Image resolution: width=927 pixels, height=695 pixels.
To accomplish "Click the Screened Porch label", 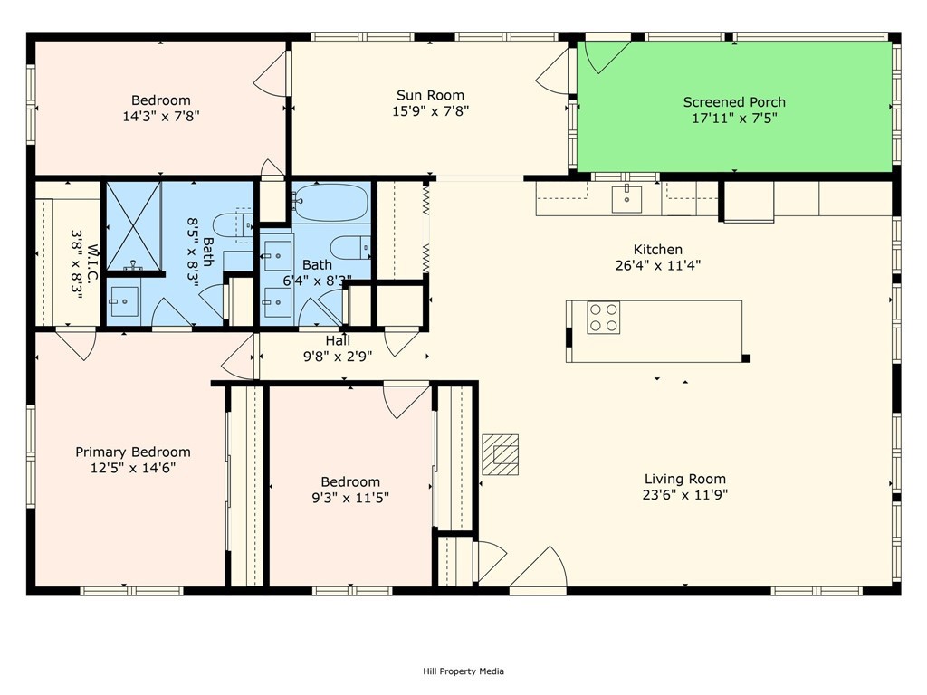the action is pos(734,102).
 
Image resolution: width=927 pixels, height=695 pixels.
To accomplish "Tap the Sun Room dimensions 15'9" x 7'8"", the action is pos(430,111).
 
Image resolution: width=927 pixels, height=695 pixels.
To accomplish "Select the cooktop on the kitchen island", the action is pos(604,318).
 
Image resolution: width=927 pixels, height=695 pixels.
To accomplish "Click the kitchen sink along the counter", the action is pos(626,198).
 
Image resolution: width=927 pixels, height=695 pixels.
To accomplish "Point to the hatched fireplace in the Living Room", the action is pos(500,454).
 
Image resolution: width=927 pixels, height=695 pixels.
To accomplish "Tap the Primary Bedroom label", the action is pos(133,452).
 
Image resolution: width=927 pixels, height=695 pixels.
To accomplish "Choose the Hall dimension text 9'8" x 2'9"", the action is pos(338,356).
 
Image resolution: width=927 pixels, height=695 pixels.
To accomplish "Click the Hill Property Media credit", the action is pos(463,671).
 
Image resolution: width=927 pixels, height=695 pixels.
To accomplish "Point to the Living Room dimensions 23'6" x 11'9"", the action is pos(684,495).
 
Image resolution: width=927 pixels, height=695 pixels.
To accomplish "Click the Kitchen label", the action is pos(658,250).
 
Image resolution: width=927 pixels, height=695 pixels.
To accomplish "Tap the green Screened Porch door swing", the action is pos(606,56).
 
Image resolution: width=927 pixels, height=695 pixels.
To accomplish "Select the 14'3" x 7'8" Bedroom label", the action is pos(161,100).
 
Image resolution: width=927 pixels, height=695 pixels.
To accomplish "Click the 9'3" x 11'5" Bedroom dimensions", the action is pos(350,498).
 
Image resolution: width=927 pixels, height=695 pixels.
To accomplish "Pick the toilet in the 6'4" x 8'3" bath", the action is pos(350,247).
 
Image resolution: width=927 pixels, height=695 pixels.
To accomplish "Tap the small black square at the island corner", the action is pos(746,358).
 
